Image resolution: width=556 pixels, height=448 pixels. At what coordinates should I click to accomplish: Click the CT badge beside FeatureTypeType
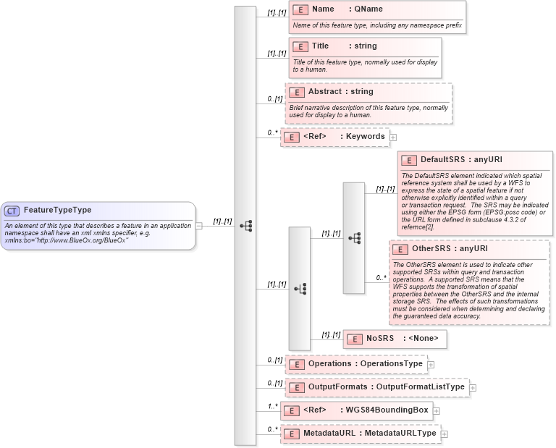click(12, 211)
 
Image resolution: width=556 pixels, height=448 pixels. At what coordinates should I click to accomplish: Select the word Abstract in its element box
click(325, 92)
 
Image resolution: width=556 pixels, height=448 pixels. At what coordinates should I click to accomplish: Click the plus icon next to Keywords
click(393, 137)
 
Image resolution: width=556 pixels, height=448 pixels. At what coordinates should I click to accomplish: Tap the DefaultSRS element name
click(443, 159)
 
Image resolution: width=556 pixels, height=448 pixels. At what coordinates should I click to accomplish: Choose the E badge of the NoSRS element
click(355, 339)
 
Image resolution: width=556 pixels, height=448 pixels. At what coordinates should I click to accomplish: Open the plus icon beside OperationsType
click(431, 365)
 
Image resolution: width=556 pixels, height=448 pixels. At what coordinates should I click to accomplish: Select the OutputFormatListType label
click(420, 387)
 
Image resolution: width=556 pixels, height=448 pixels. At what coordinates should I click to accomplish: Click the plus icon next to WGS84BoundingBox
click(437, 411)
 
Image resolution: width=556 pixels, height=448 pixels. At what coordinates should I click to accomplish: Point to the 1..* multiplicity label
click(272, 406)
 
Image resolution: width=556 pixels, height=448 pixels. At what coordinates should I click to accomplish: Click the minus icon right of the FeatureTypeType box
click(199, 225)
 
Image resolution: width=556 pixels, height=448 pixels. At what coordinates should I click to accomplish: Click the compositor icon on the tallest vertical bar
click(245, 226)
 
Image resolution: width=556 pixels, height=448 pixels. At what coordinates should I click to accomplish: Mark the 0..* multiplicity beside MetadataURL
click(272, 429)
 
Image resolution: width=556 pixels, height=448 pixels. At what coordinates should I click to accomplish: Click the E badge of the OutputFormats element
click(296, 388)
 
